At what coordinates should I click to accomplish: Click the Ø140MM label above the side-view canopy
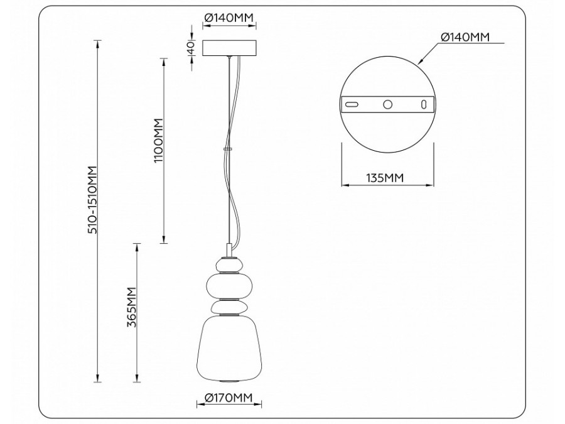[x=229, y=18]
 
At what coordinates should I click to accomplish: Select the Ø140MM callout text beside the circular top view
[x=465, y=38]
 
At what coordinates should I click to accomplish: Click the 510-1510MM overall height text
[x=93, y=200]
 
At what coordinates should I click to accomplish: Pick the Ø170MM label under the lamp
[x=228, y=397]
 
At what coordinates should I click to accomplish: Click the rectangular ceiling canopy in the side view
[x=229, y=48]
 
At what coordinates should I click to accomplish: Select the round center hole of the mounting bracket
[x=388, y=104]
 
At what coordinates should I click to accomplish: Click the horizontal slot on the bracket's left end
[x=352, y=104]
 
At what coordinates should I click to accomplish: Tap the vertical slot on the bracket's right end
[x=424, y=104]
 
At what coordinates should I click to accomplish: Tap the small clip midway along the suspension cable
[x=229, y=149]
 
